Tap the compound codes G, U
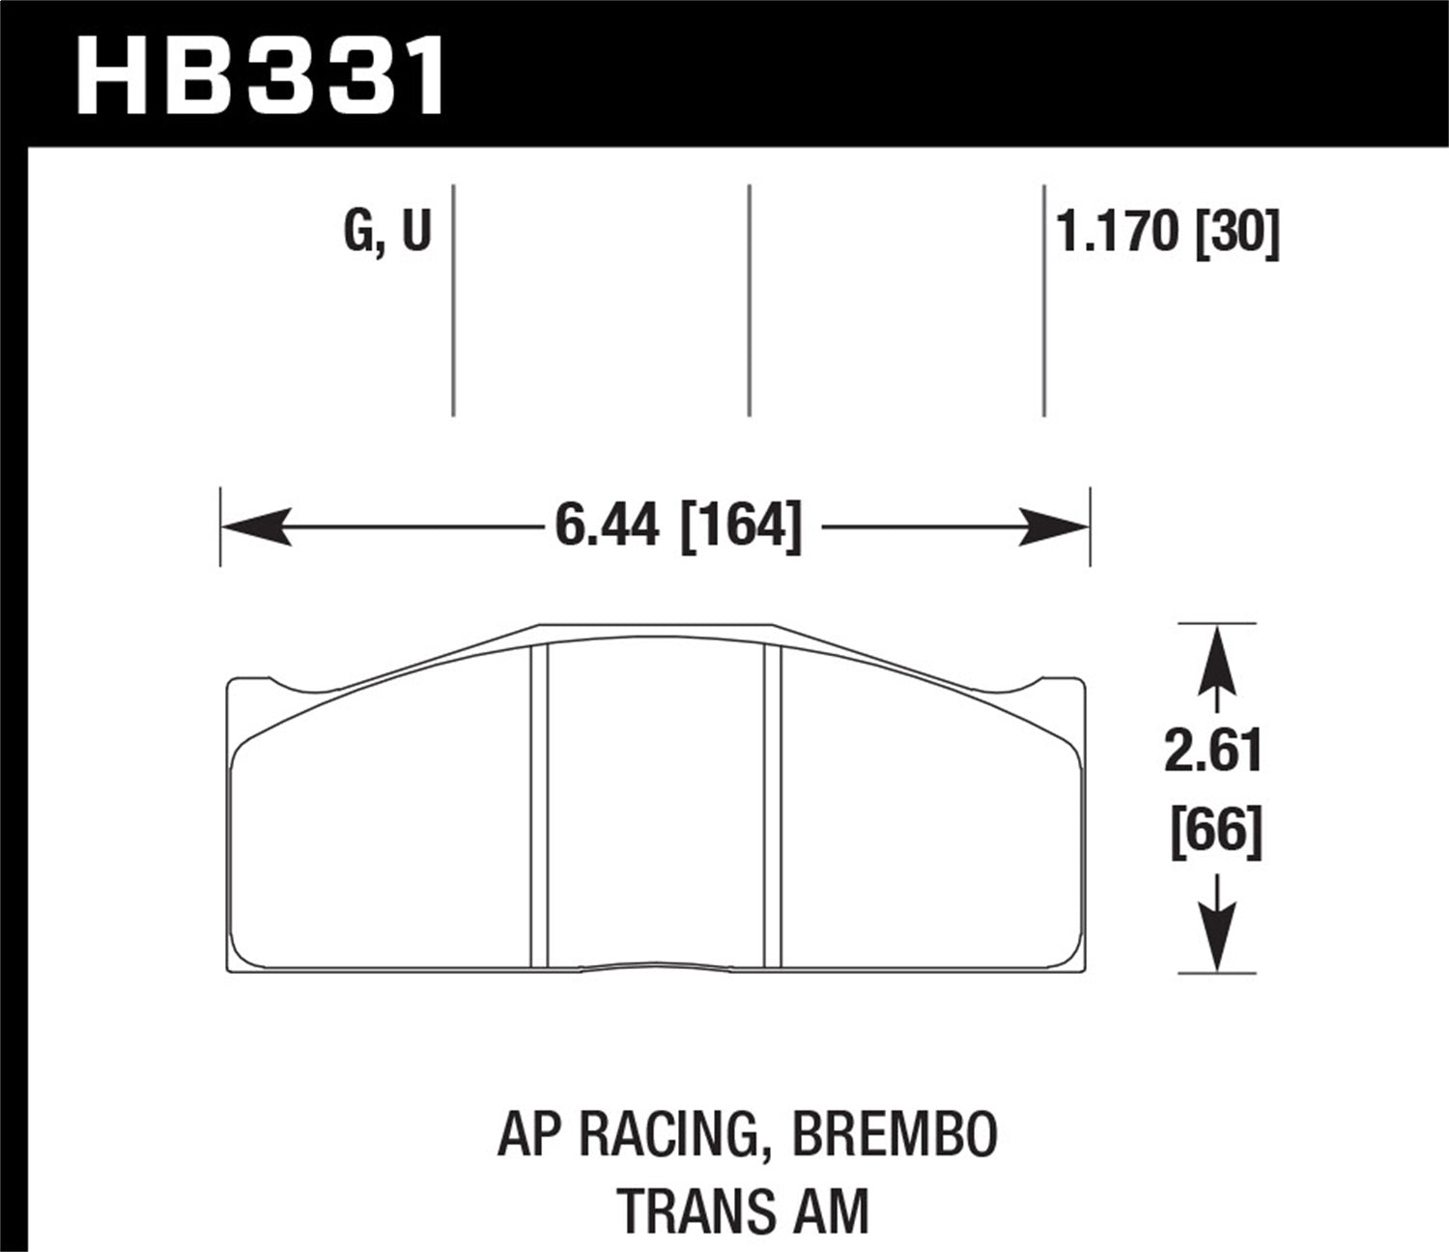coord(386,233)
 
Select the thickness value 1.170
coord(1119,233)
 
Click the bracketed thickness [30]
coord(1237,233)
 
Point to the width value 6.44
coord(607,527)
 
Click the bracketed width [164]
coord(742,527)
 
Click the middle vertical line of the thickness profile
coord(750,299)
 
